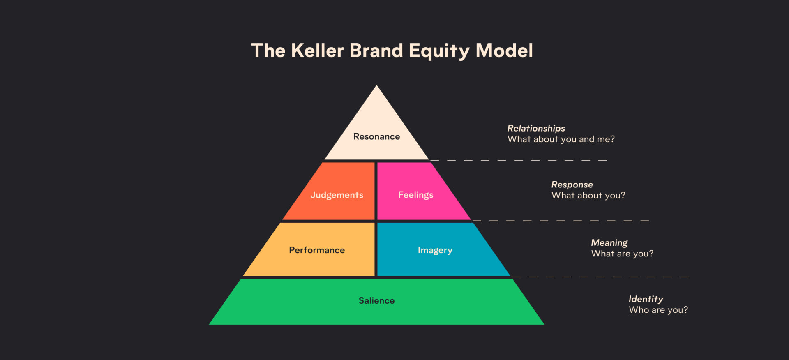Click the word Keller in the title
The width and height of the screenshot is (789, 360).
[x=317, y=51]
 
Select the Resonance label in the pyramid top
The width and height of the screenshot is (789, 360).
[x=376, y=136]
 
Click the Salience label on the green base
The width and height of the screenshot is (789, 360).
[x=376, y=300]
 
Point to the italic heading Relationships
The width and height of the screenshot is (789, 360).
[x=536, y=128]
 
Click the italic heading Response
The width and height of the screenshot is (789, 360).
[x=572, y=185]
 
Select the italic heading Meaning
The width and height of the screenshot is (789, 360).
[x=609, y=243]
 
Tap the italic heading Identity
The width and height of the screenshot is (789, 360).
[x=646, y=299]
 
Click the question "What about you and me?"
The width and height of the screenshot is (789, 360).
[x=561, y=139]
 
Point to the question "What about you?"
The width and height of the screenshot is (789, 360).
[x=588, y=196]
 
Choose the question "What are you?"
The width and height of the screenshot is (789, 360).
[x=622, y=254]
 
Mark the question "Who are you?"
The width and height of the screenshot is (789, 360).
[x=658, y=310]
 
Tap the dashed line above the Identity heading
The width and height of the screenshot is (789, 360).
[x=600, y=277]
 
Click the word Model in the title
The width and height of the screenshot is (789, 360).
[x=504, y=51]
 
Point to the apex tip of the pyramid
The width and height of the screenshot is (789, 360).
[x=376, y=85]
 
